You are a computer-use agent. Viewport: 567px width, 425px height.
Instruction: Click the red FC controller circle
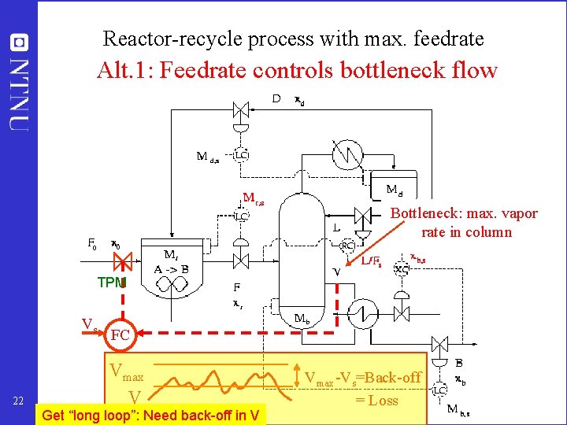pyautogui.click(x=120, y=335)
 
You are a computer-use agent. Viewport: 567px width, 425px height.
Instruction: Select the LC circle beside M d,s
pyautogui.click(x=242, y=156)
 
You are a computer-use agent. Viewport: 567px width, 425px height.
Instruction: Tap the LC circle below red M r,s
pyautogui.click(x=242, y=215)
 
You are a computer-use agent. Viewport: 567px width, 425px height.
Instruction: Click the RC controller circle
pyautogui.click(x=347, y=245)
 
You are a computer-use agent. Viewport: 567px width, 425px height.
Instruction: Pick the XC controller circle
pyautogui.click(x=402, y=268)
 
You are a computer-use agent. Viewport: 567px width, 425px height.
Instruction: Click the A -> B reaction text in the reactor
pyautogui.click(x=172, y=268)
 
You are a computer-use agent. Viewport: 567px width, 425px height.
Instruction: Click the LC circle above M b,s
pyautogui.click(x=439, y=390)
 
